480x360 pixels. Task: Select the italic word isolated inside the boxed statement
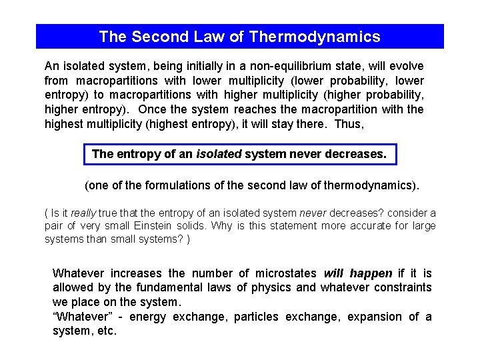click(219, 154)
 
